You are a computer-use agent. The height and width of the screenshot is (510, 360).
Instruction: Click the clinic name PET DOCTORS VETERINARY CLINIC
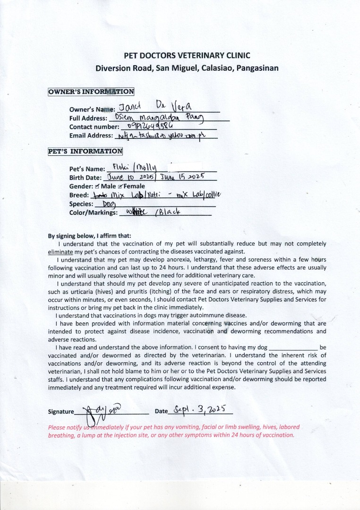(187, 55)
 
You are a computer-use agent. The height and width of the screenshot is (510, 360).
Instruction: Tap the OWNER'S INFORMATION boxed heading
(91, 92)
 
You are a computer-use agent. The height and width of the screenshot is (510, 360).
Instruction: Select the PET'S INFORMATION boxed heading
(85, 152)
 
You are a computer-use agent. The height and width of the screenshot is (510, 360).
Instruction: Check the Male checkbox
(97, 187)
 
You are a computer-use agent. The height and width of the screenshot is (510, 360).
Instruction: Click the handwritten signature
(97, 413)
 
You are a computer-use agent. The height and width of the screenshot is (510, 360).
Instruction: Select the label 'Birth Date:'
(85, 178)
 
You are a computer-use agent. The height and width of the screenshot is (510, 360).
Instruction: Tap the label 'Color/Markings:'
(93, 213)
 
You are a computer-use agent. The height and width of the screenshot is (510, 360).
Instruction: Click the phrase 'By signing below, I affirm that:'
(90, 236)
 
